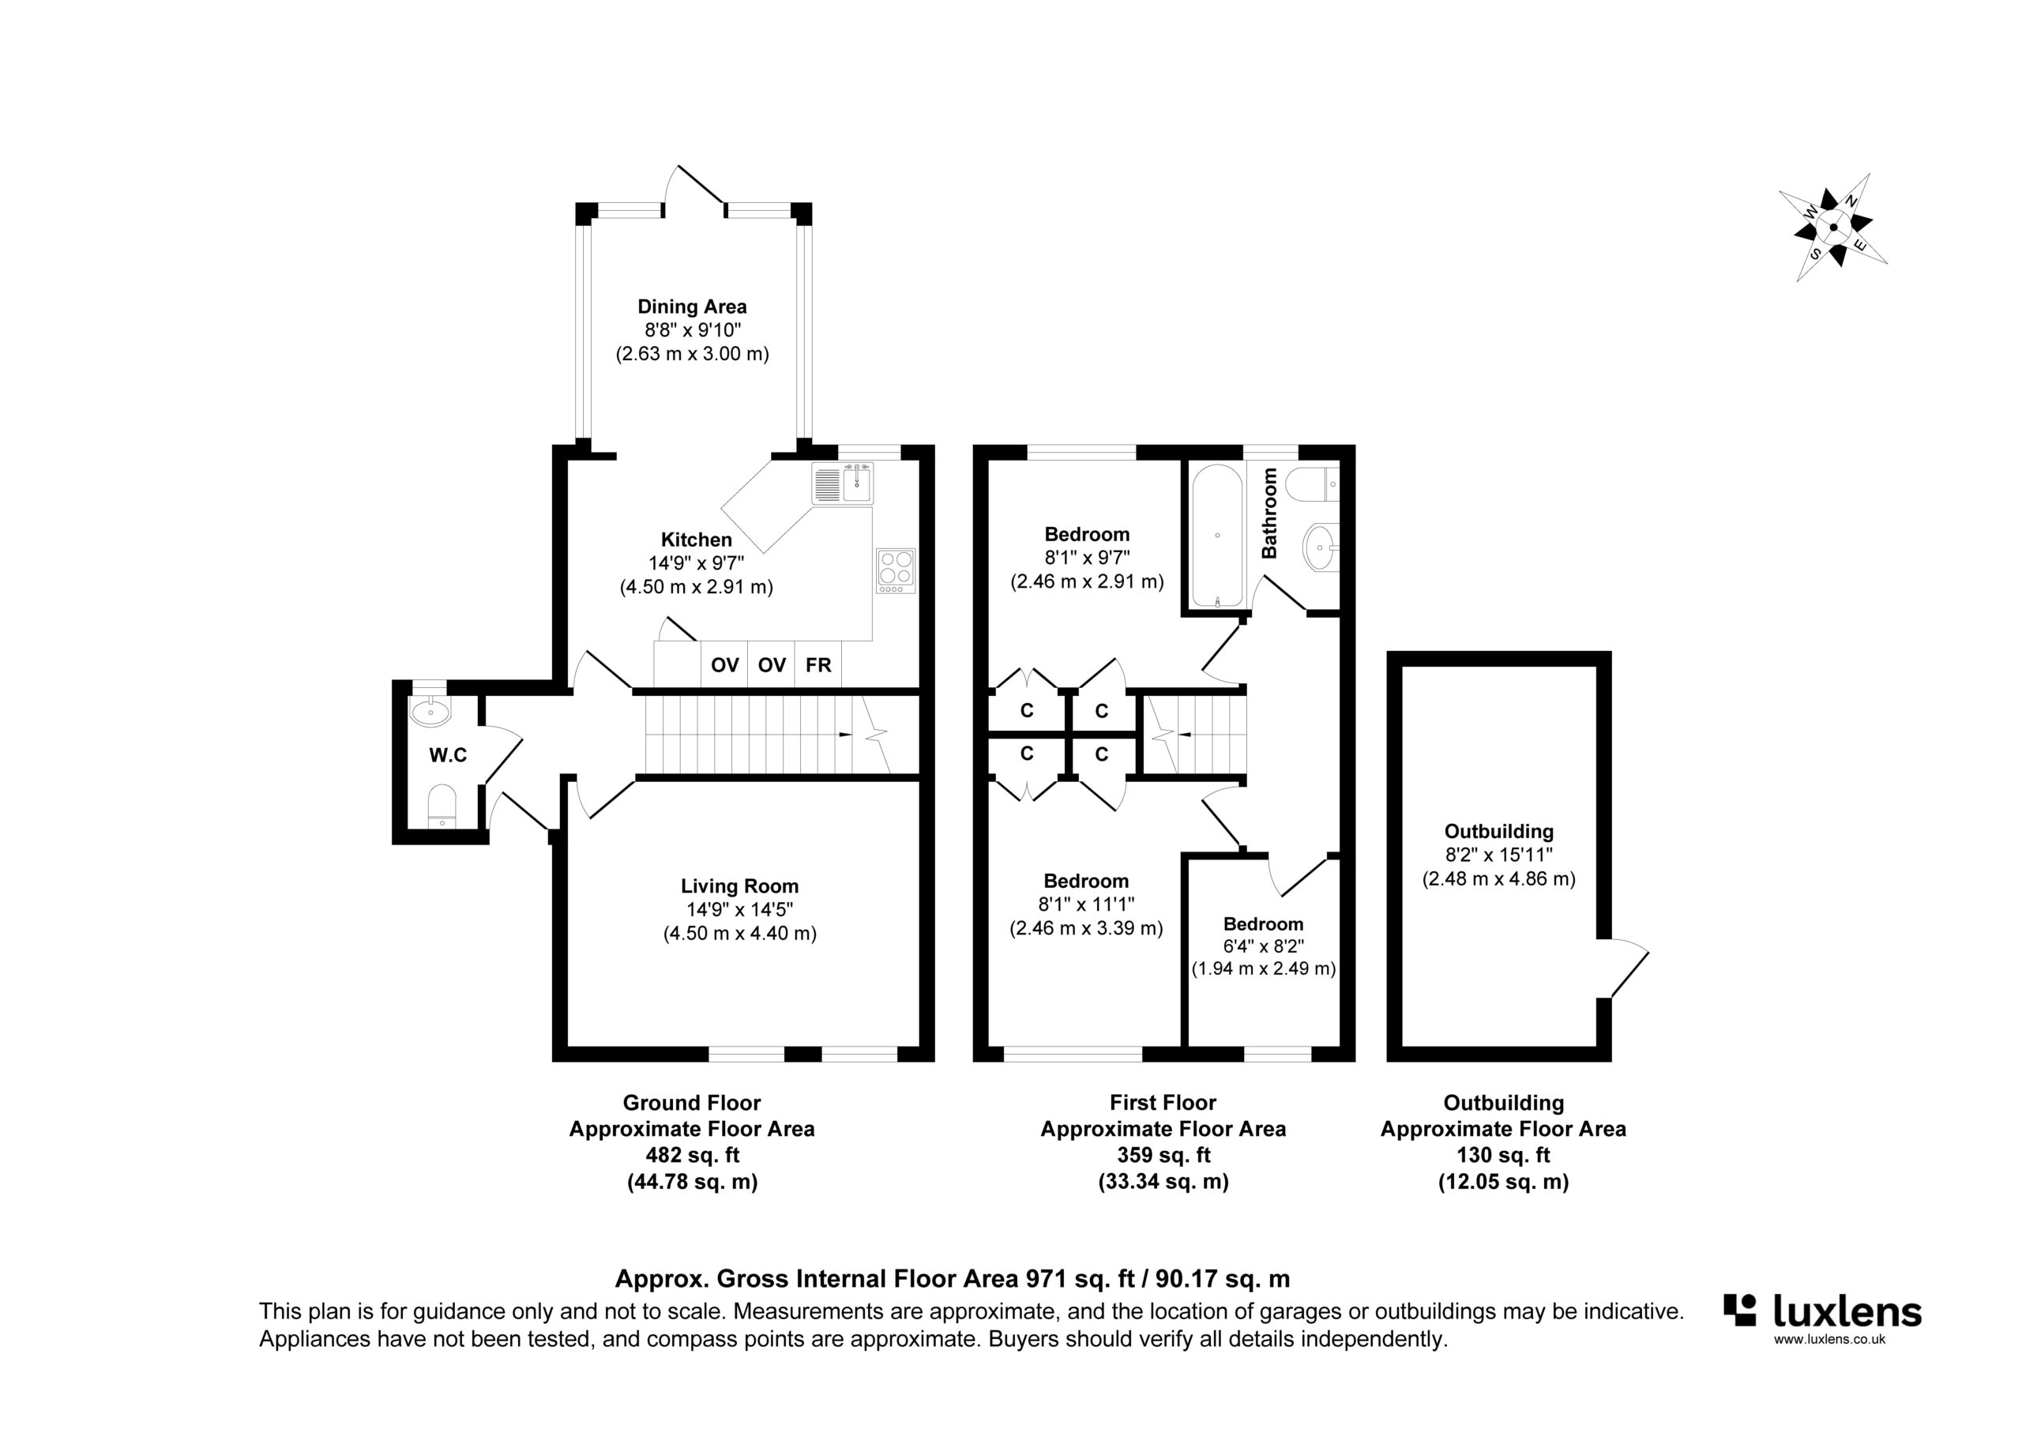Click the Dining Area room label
[692, 306]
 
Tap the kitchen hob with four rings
[896, 570]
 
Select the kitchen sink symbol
[844, 483]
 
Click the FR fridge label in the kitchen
[818, 665]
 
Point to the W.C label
[449, 755]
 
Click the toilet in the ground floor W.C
[442, 805]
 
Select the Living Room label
[740, 886]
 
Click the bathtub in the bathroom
[1217, 536]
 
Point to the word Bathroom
[1269, 513]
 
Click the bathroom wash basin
[1320, 546]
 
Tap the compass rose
[1833, 228]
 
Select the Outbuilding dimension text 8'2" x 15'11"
[1499, 854]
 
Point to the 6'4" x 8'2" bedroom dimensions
[1264, 946]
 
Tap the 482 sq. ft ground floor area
[692, 1155]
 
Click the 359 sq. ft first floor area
[1163, 1155]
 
